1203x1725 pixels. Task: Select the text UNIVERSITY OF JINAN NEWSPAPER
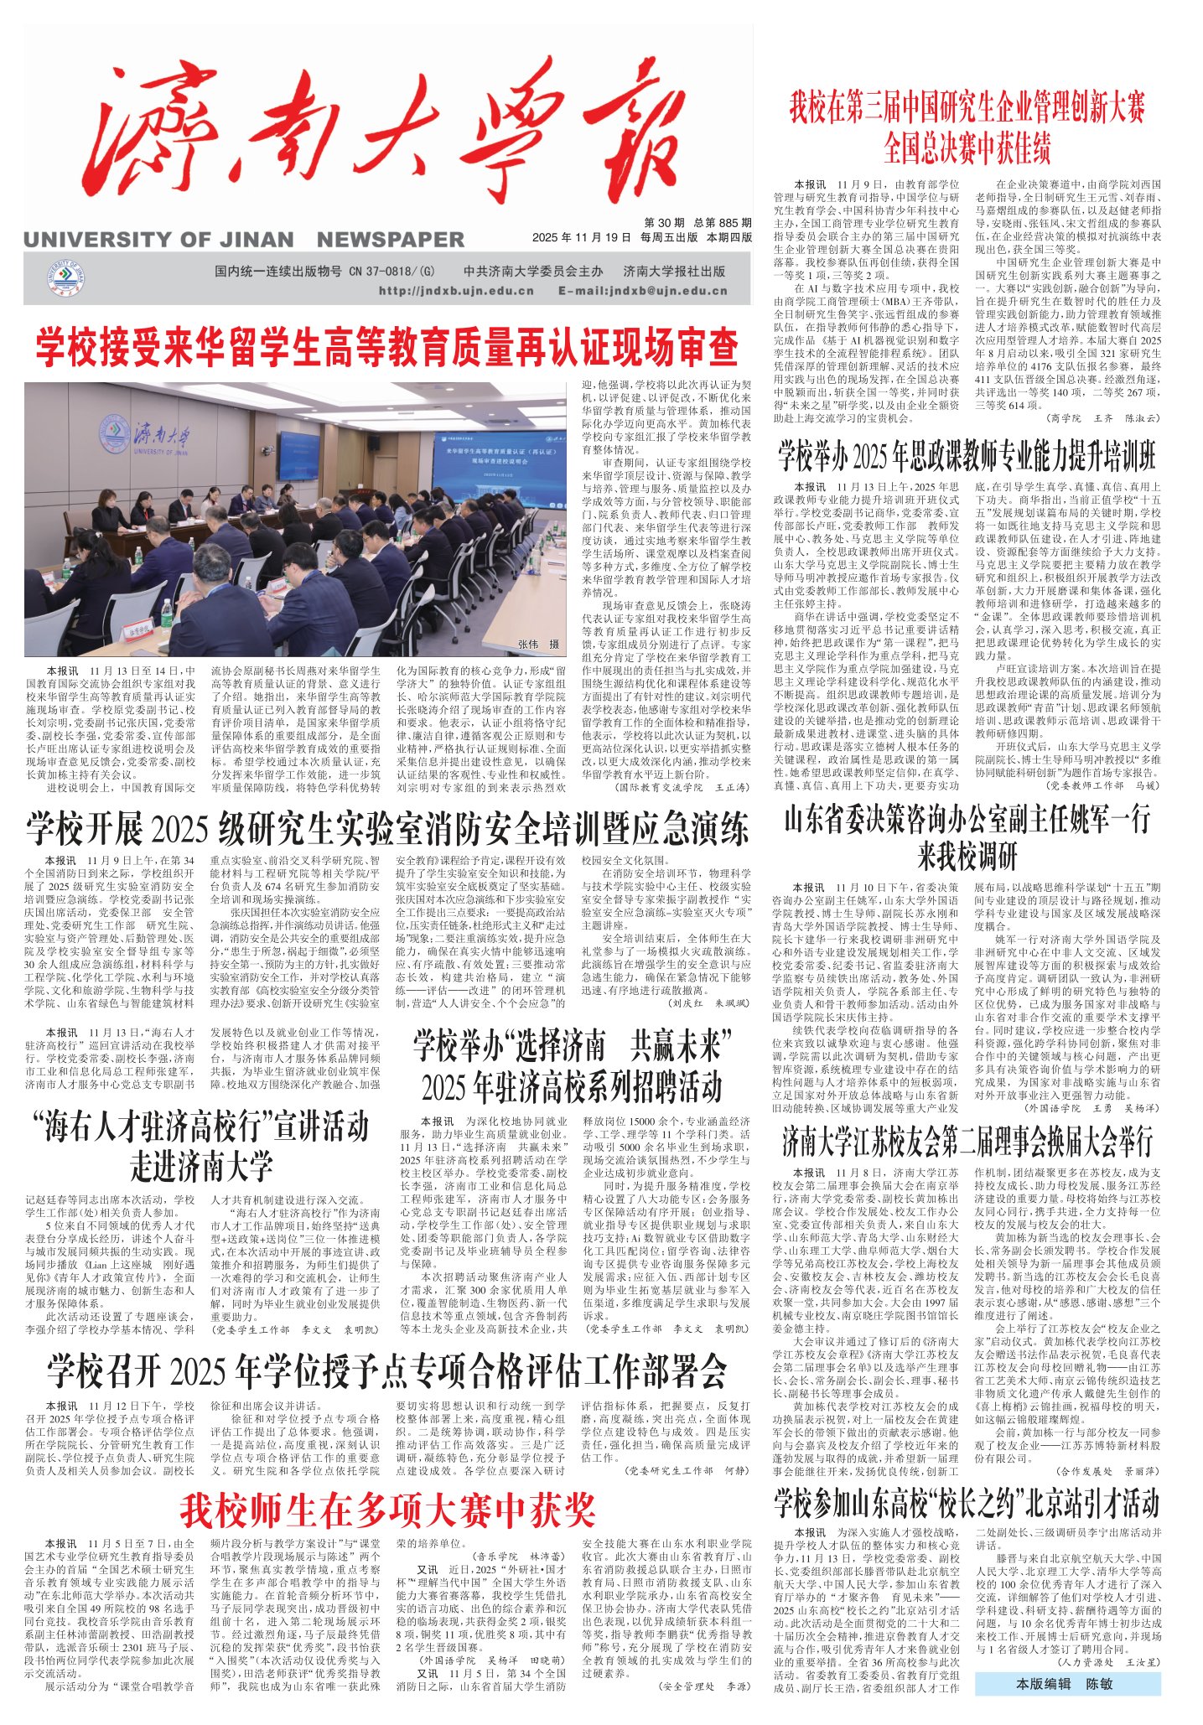click(243, 240)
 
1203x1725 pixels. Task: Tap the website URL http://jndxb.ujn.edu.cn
click(456, 291)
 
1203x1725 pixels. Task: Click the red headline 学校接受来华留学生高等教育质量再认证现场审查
click(386, 346)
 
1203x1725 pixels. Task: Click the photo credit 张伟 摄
click(538, 645)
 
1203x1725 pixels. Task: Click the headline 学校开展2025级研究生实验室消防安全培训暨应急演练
click(386, 828)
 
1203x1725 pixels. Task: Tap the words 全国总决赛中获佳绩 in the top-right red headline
click(967, 149)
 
